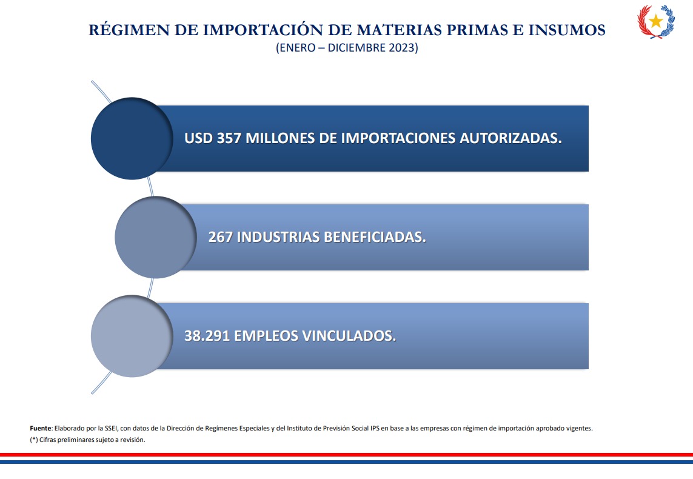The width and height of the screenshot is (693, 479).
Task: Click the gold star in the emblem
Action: click(x=656, y=21)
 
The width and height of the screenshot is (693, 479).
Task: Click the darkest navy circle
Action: click(x=132, y=138)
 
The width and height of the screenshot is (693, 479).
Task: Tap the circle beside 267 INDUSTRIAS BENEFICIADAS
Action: click(x=156, y=237)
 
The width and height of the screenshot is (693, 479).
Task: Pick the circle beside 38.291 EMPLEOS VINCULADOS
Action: click(x=132, y=336)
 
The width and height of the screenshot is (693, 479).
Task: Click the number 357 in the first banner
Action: click(x=229, y=138)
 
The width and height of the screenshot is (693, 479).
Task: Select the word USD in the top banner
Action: click(x=198, y=138)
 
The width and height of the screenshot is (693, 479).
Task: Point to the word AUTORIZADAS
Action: click(x=511, y=138)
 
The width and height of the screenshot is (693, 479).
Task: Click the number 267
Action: click(x=221, y=237)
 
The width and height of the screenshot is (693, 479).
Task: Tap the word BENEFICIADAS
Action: click(x=375, y=237)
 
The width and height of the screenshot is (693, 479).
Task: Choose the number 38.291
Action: click(x=207, y=336)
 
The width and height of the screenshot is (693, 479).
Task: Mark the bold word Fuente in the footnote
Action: click(x=40, y=428)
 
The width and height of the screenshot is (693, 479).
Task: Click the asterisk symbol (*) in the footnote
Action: click(x=34, y=440)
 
